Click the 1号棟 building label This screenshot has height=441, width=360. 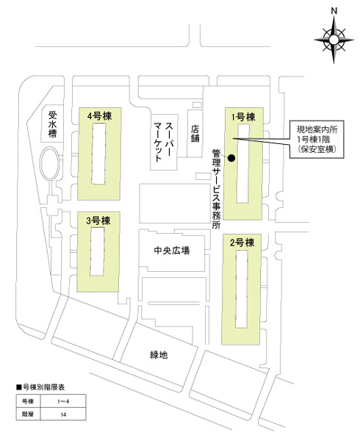coord(243,117)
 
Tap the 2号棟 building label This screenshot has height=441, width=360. coord(242,242)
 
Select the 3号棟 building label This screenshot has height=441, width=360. coord(98,220)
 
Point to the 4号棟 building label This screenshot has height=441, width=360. coord(99,116)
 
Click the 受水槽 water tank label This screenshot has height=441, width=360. coord(52,124)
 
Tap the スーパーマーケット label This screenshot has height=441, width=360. coord(164,142)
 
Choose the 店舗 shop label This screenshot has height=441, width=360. coord(195,133)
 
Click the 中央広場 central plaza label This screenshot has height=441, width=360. coord(172,251)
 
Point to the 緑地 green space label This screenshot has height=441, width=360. coord(159,355)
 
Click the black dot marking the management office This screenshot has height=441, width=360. coord(231,158)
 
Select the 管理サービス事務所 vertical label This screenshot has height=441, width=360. coord(217,189)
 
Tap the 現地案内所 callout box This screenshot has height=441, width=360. coord(317,140)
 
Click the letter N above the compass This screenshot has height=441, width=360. coord(334,11)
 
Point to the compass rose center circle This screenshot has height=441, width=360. coord(334,40)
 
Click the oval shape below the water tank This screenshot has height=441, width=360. coord(50,163)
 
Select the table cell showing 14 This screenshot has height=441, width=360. coord(63,415)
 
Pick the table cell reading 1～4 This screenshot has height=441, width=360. coord(63,401)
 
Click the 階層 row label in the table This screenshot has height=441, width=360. coord(28,415)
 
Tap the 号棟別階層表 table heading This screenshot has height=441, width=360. coord(40,387)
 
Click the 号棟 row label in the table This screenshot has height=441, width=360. coord(28,401)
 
